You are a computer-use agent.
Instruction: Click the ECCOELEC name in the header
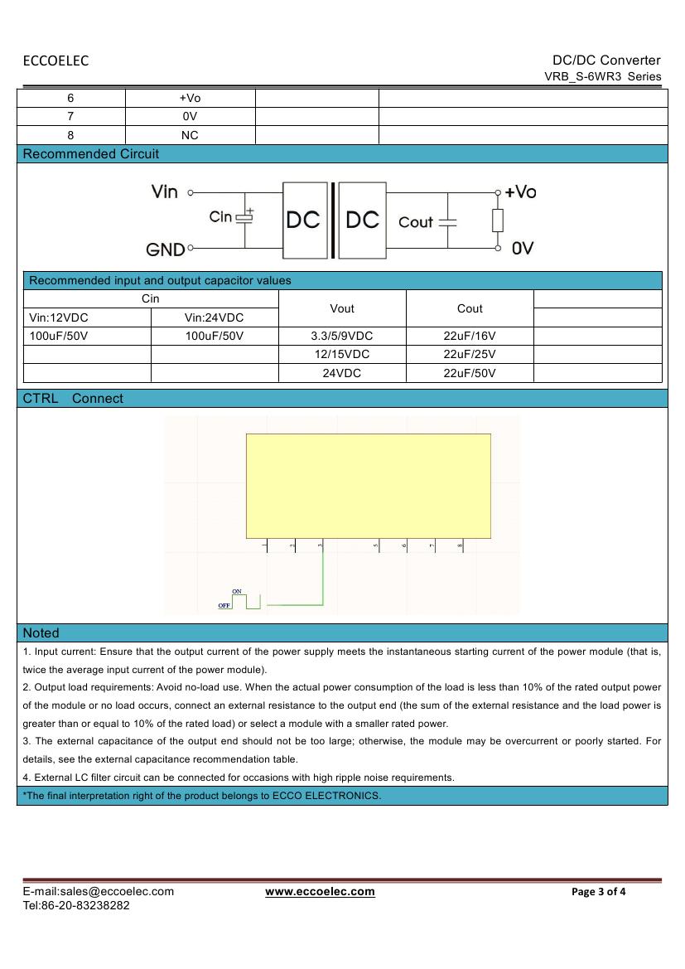(x=55, y=61)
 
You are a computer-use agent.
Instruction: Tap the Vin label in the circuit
(x=165, y=191)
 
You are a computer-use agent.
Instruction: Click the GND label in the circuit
(x=166, y=249)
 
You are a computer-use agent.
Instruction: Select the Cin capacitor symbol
(x=244, y=217)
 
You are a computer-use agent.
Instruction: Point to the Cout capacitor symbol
(x=447, y=222)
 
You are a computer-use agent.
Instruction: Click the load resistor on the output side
(x=498, y=220)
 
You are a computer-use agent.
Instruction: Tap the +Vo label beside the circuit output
(x=520, y=192)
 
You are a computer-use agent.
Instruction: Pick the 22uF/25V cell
(x=470, y=354)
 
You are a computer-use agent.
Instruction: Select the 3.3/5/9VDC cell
(x=342, y=336)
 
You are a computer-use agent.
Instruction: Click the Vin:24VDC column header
(x=214, y=317)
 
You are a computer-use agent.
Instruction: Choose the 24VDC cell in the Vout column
(x=342, y=373)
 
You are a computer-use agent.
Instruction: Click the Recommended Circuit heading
(x=91, y=154)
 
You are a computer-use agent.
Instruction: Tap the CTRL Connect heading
(x=73, y=399)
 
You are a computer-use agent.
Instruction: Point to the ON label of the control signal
(x=237, y=591)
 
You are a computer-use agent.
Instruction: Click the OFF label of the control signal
(x=224, y=606)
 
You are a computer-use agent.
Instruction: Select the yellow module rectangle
(x=368, y=485)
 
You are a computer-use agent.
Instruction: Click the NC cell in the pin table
(x=190, y=135)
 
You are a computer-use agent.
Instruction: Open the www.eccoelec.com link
(x=320, y=892)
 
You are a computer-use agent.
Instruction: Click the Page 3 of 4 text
(x=599, y=892)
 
